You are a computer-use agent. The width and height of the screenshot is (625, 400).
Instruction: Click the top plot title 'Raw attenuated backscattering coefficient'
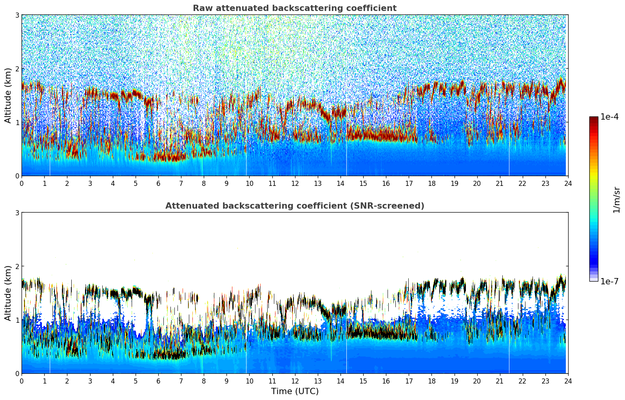(294, 8)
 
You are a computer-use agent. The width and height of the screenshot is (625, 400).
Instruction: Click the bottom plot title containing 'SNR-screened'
(294, 206)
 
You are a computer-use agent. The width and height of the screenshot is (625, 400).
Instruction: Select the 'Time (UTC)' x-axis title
(295, 391)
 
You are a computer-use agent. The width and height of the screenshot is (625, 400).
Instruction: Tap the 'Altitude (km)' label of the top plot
(8, 95)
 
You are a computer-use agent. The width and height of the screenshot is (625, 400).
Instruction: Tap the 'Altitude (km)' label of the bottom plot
(8, 293)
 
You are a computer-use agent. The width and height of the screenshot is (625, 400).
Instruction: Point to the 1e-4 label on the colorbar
(609, 117)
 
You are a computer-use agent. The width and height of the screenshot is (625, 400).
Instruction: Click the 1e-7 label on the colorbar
(609, 281)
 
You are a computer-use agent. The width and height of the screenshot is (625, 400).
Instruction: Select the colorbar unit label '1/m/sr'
(616, 200)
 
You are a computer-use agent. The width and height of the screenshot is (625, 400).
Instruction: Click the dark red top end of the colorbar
(594, 118)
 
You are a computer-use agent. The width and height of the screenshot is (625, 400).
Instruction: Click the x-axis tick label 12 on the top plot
(295, 183)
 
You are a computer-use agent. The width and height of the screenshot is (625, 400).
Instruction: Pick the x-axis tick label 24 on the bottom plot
(568, 381)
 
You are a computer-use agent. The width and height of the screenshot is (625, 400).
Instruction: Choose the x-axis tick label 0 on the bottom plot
(22, 381)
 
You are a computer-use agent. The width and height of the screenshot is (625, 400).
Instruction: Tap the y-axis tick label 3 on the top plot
(17, 15)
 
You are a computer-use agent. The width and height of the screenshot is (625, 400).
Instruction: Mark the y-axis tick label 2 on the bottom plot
(17, 266)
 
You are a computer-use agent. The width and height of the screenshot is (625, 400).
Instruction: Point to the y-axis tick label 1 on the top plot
(17, 122)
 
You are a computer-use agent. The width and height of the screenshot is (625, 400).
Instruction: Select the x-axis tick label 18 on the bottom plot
(431, 381)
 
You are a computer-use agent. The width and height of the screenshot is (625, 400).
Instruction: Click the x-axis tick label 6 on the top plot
(158, 183)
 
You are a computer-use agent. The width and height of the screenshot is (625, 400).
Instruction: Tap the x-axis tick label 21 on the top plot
(500, 183)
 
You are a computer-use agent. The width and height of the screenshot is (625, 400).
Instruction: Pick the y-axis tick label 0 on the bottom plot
(17, 374)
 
